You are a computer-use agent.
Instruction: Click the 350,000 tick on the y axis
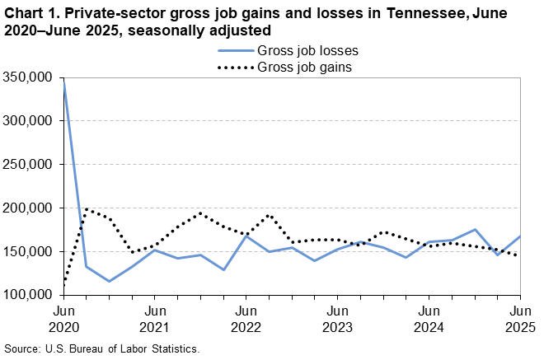[30, 77]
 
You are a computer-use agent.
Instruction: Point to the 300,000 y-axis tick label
[30, 120]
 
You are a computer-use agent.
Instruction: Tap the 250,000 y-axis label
[30, 164]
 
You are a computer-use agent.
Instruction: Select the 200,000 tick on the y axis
[30, 208]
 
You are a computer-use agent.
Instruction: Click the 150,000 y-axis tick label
[30, 251]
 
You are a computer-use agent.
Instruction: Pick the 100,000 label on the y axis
[30, 295]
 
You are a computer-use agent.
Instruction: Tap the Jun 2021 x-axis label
[155, 319]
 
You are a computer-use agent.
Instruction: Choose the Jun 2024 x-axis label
[429, 319]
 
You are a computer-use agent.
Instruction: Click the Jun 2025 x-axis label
[519, 319]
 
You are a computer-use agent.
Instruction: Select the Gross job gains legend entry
[306, 67]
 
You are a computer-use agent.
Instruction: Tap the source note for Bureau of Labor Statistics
[102, 349]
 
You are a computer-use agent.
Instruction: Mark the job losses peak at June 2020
[64, 82]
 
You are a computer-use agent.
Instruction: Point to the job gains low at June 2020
[64, 285]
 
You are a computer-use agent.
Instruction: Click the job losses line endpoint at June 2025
[519, 236]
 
